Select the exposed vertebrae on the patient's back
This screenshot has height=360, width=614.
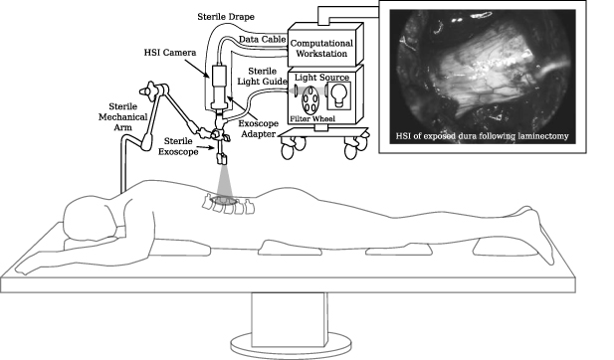point(228,206)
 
